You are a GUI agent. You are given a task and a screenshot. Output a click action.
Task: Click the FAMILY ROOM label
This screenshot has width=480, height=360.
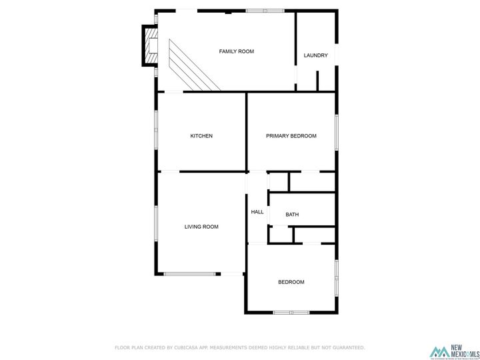237,51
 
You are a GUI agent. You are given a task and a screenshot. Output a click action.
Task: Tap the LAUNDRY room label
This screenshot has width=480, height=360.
315,55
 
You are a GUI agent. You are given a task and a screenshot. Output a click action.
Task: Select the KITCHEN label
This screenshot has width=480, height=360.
201,136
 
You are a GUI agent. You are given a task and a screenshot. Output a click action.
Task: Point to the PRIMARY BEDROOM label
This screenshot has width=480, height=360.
291,136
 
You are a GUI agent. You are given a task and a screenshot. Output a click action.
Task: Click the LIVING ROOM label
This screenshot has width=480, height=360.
201,227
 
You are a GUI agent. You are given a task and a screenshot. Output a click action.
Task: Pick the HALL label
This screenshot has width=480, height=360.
257,212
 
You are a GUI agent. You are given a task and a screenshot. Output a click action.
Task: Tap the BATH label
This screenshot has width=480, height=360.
292,215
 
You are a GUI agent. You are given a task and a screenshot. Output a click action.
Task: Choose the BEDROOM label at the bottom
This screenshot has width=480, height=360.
291,282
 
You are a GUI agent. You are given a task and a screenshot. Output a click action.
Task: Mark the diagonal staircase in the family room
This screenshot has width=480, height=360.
193,67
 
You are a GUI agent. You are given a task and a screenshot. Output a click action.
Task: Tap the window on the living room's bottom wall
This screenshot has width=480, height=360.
192,273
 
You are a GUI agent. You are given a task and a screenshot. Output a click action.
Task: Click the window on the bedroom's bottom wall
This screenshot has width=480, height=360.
291,312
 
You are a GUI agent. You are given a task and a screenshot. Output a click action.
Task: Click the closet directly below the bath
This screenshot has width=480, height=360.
313,235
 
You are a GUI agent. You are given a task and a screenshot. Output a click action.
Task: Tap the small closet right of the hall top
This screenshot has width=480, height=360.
278,182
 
